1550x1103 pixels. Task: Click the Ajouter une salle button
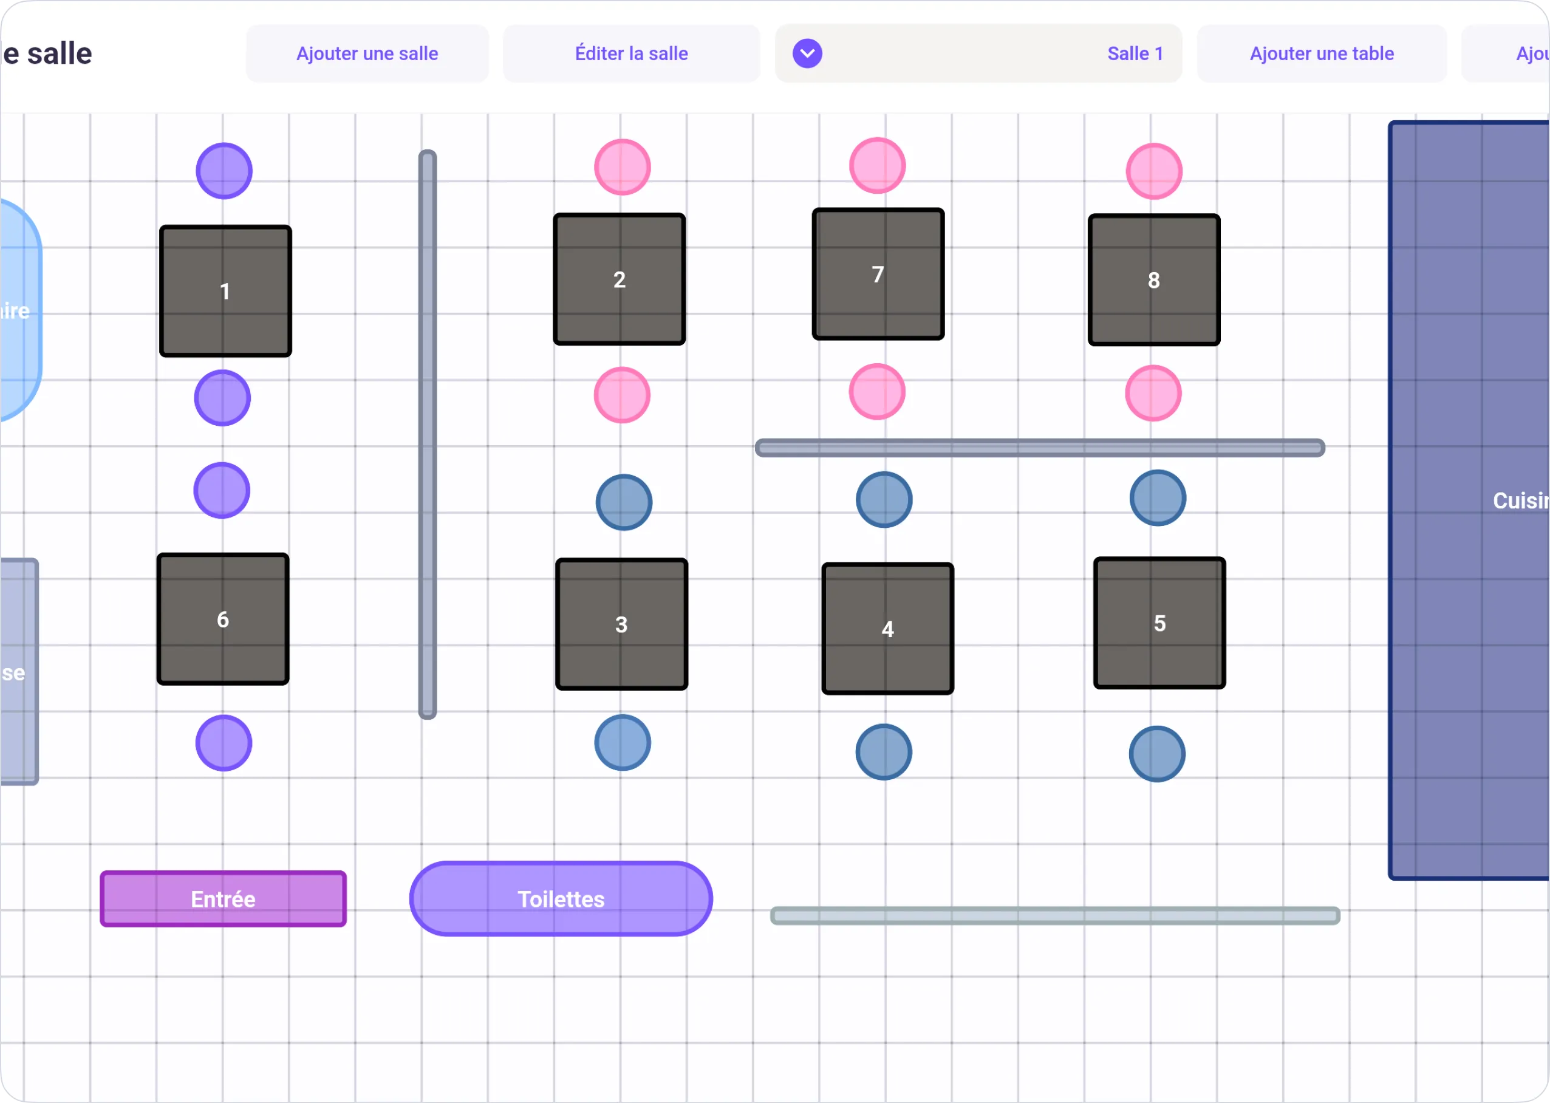pyautogui.click(x=367, y=53)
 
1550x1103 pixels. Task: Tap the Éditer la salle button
pyautogui.click(x=631, y=53)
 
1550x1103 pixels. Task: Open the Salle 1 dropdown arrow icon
pyautogui.click(x=807, y=53)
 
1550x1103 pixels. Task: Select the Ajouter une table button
pyautogui.click(x=1321, y=53)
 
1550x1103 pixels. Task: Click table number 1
pyautogui.click(x=225, y=292)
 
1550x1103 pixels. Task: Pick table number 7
pyautogui.click(x=878, y=275)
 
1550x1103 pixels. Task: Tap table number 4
pyautogui.click(x=887, y=629)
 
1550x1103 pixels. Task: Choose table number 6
pyautogui.click(x=223, y=620)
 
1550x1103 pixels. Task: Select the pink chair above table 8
pyautogui.click(x=1153, y=171)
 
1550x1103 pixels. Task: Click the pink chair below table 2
pyautogui.click(x=621, y=395)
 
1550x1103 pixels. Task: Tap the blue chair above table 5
pyautogui.click(x=1158, y=498)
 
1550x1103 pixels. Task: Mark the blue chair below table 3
pyautogui.click(x=622, y=742)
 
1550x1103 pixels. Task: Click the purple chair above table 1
pyautogui.click(x=224, y=171)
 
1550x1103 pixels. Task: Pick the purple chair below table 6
pyautogui.click(x=224, y=743)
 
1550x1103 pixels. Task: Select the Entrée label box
pyautogui.click(x=223, y=898)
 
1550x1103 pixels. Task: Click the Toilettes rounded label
pyautogui.click(x=561, y=898)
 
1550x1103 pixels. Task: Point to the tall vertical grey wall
pyautogui.click(x=427, y=435)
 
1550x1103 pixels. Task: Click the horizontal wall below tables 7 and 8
pyautogui.click(x=1039, y=448)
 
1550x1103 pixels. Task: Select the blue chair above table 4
pyautogui.click(x=884, y=500)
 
